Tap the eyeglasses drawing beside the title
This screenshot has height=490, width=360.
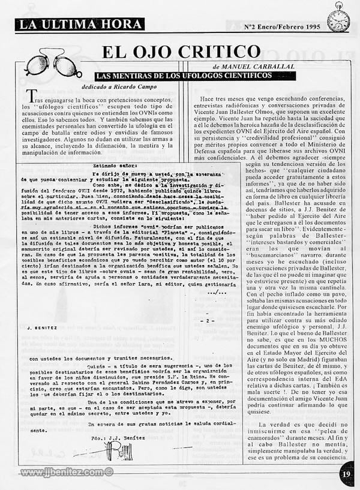[x=53, y=64]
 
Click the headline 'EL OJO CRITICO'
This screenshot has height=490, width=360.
[x=181, y=52]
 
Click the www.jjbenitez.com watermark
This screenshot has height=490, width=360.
[x=66, y=472]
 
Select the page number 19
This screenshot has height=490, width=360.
[x=346, y=474]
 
